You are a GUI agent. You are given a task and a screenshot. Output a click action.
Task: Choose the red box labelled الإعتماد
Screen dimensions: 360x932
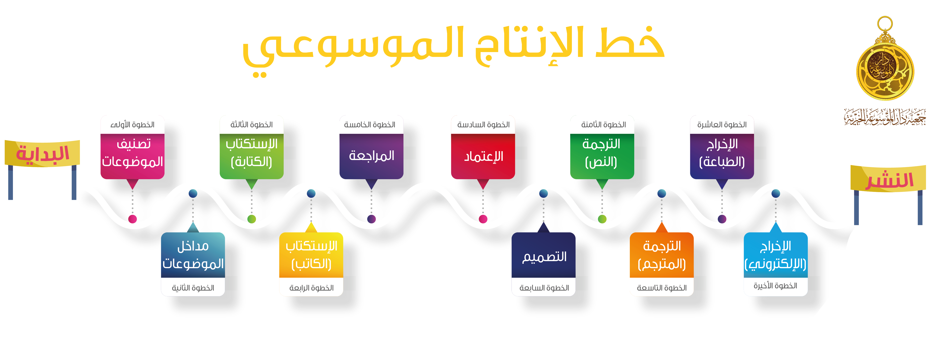point(483,156)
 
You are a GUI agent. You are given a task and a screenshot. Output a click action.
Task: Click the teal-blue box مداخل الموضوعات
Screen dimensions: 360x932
point(193,255)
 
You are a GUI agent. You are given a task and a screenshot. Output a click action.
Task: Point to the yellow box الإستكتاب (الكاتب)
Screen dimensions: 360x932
point(311,255)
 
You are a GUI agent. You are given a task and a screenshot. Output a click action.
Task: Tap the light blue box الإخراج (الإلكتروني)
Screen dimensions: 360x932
point(775,255)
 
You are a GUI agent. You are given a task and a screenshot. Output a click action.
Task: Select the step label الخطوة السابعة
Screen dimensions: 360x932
point(544,288)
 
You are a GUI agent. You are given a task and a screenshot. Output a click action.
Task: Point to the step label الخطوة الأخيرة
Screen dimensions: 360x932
point(775,286)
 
